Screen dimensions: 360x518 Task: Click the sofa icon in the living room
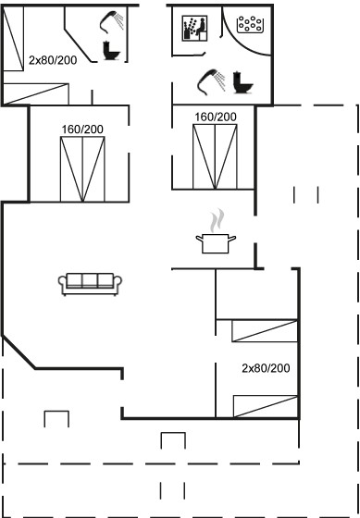(90, 284)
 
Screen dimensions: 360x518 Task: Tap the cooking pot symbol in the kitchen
(216, 243)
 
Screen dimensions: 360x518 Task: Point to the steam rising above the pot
(217, 221)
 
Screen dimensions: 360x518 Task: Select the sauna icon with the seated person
(194, 28)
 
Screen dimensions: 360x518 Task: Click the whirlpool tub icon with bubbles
(250, 24)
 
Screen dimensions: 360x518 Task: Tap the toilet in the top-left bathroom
(111, 50)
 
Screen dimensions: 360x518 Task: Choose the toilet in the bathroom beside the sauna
(242, 82)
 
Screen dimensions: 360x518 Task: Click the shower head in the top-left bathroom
(112, 22)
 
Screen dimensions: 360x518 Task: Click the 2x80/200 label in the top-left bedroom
(53, 60)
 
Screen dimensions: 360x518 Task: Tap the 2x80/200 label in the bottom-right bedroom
(266, 368)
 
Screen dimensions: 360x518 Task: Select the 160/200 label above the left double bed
(82, 129)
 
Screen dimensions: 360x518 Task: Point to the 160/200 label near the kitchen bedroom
(216, 117)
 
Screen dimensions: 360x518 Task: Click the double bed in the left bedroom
(82, 168)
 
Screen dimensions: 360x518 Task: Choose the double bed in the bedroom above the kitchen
(215, 156)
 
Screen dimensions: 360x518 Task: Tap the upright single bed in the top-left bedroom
(13, 38)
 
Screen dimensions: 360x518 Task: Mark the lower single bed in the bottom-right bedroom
(266, 406)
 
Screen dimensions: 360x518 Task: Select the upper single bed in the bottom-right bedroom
(265, 331)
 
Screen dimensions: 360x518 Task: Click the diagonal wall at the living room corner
(19, 352)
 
